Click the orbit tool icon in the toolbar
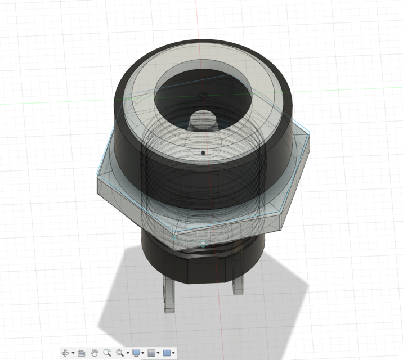(65, 353)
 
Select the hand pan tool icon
(95, 353)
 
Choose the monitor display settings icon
(136, 353)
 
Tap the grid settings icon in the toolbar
(151, 353)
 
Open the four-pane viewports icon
(167, 353)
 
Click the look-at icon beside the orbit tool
(81, 353)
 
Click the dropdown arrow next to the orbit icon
(73, 353)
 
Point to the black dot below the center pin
(203, 152)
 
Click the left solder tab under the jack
(169, 295)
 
